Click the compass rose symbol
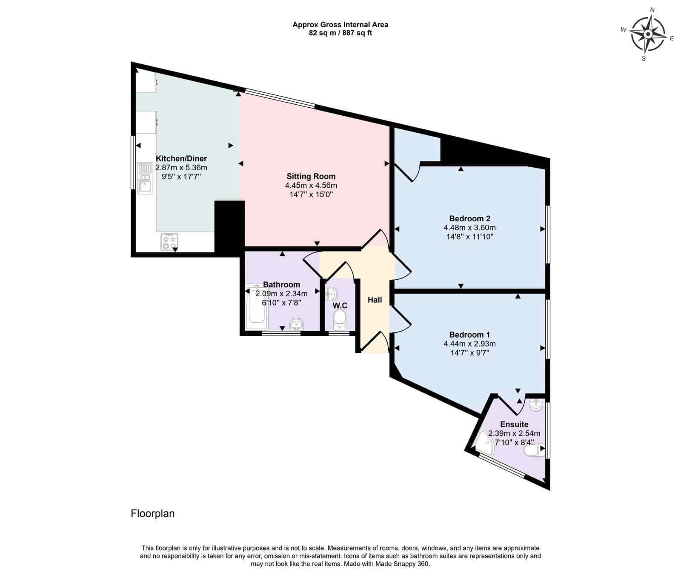647,34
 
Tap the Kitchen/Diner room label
181,158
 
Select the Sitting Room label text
311,176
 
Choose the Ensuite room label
514,424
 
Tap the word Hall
375,300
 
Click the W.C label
340,306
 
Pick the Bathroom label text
281,284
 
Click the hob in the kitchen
169,242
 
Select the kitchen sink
145,178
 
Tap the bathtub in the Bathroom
257,306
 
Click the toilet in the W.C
339,320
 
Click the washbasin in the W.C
332,294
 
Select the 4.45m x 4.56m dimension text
311,186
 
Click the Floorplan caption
152,513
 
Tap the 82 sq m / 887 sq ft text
340,33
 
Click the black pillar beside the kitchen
229,228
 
